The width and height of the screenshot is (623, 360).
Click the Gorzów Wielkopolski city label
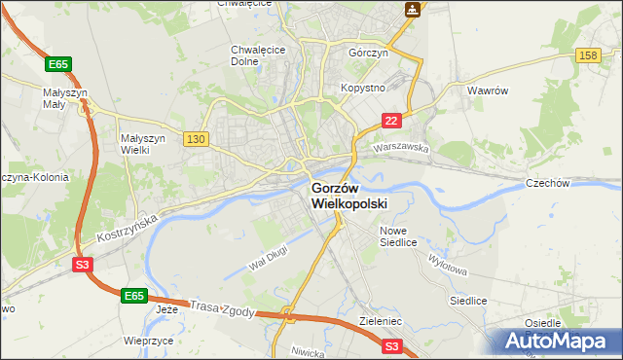pos(348,196)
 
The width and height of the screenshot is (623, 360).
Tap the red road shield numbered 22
pos(390,120)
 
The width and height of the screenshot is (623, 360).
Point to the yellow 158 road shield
pos(587,57)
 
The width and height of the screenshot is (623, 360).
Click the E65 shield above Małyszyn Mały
pos(58,64)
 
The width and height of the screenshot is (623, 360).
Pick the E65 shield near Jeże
pos(134,294)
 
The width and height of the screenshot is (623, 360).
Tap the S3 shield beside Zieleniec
pos(391,345)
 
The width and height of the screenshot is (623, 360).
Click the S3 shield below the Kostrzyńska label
pos(83,263)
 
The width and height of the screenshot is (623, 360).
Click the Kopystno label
pos(362,88)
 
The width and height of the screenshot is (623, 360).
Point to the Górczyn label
pos(369,54)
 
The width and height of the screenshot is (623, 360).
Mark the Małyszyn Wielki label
pos(144,144)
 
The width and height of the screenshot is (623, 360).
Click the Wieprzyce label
pos(148,342)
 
